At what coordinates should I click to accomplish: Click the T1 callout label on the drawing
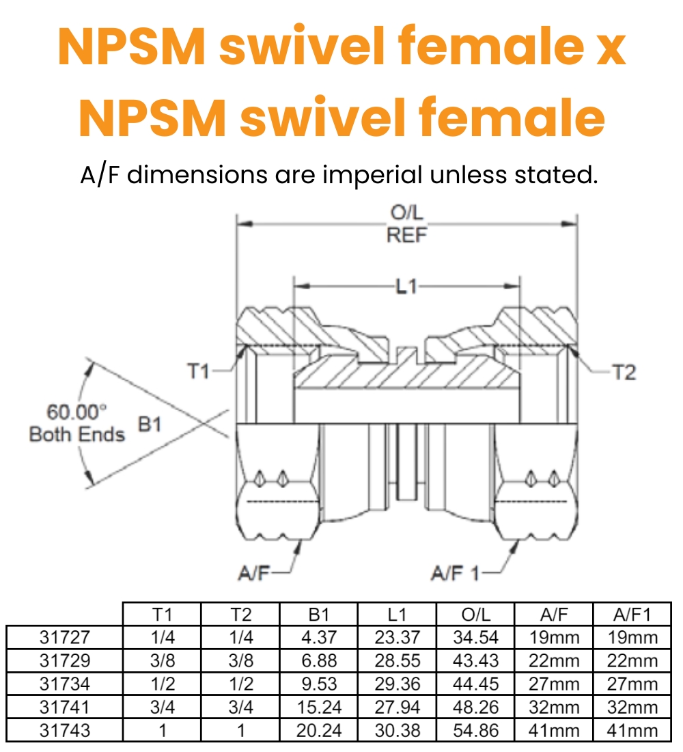[x=198, y=371]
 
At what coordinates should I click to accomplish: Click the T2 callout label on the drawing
[x=624, y=372]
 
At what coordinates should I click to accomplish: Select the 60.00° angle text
[x=76, y=412]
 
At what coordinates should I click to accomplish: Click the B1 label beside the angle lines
[x=150, y=425]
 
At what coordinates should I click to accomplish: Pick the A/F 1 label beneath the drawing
[x=456, y=572]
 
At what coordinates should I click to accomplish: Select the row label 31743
[x=65, y=729]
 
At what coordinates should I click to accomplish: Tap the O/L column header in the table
[x=476, y=614]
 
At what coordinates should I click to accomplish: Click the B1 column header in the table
[x=319, y=614]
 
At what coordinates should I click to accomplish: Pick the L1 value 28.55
[x=398, y=660]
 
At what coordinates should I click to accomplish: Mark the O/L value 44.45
[x=476, y=684]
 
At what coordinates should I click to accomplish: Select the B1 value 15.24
[x=319, y=707]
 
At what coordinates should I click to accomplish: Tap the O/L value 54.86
[x=476, y=729]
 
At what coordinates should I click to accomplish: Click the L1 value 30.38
[x=398, y=729]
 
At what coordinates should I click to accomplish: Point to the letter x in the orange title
[x=607, y=51]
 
